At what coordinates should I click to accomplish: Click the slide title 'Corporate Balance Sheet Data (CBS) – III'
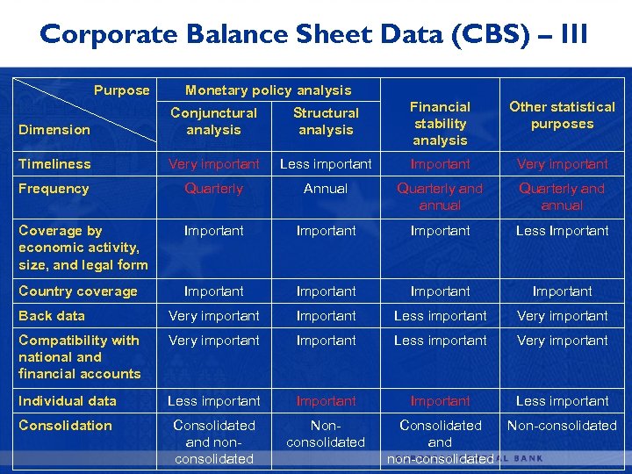click(314, 35)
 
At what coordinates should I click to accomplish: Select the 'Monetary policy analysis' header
click(268, 90)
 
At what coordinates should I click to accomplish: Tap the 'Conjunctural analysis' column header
click(213, 121)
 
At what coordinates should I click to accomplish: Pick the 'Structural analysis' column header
click(326, 121)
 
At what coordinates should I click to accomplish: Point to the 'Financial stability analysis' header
click(440, 123)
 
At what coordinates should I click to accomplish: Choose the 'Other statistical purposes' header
click(562, 115)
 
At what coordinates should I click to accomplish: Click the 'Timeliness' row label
click(54, 164)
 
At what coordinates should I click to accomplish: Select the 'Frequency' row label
click(54, 189)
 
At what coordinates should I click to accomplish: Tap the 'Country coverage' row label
click(78, 291)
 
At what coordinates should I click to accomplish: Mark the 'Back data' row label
click(52, 316)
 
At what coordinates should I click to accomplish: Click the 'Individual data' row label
click(68, 401)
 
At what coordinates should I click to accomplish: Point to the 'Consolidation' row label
click(65, 426)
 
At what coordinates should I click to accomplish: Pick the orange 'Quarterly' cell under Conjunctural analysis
click(213, 189)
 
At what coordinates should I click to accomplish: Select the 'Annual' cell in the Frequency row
click(326, 189)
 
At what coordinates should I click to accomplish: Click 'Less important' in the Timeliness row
click(326, 164)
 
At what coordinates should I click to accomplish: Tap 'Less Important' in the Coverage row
click(562, 231)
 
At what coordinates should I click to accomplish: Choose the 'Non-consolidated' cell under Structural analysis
click(326, 434)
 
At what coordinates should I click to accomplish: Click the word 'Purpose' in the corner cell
click(122, 90)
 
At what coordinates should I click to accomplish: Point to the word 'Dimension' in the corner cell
click(54, 130)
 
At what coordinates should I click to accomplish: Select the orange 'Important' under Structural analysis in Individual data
click(326, 401)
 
